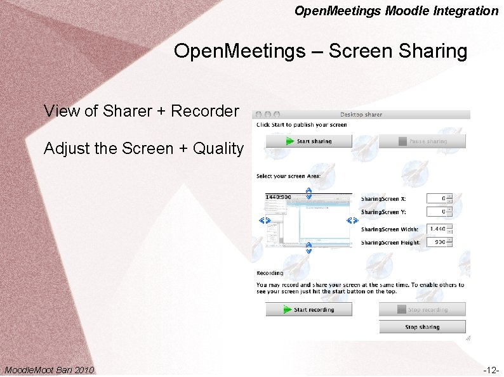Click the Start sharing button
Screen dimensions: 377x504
pyautogui.click(x=308, y=141)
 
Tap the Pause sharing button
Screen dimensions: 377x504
pyautogui.click(x=422, y=141)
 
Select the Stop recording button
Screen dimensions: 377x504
pyautogui.click(x=422, y=310)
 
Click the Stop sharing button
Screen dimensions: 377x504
pyautogui.click(x=422, y=327)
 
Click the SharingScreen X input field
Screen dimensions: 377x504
pyautogui.click(x=436, y=199)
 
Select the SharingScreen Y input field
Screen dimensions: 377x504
pyautogui.click(x=436, y=212)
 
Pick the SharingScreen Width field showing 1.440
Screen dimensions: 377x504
pyautogui.click(x=436, y=229)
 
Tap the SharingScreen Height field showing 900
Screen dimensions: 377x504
pyautogui.click(x=436, y=242)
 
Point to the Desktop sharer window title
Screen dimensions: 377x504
pyautogui.click(x=361, y=115)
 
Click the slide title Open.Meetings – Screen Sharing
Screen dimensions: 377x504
pyautogui.click(x=321, y=51)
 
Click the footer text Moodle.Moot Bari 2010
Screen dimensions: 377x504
pyautogui.click(x=50, y=369)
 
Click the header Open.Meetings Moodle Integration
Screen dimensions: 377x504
pyautogui.click(x=397, y=11)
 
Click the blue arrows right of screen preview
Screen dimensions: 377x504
pyautogui.click(x=353, y=220)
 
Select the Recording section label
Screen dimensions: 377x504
pyautogui.click(x=270, y=273)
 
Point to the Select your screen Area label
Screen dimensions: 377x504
pyautogui.click(x=288, y=176)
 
